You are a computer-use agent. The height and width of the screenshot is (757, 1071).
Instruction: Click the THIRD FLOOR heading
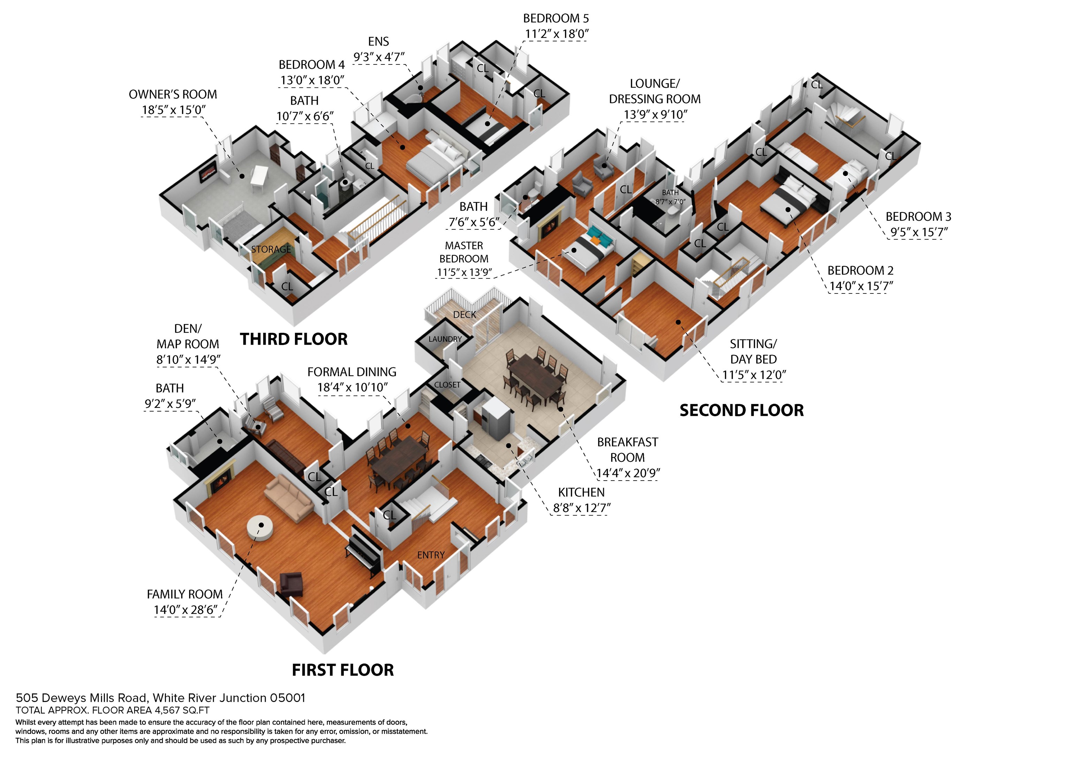click(294, 339)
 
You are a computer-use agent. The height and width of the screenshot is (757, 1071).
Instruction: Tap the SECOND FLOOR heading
click(742, 411)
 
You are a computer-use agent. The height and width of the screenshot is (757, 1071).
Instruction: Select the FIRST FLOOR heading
click(343, 670)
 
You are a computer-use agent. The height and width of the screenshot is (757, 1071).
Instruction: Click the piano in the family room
click(364, 550)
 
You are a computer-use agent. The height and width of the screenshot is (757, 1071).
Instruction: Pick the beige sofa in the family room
click(289, 498)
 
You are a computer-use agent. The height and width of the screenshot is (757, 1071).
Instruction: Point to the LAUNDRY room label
click(445, 339)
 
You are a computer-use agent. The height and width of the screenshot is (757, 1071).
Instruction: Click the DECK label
click(465, 315)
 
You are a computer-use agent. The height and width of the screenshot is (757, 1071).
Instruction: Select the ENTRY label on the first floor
click(431, 555)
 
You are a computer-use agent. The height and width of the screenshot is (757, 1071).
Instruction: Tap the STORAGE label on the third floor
click(271, 250)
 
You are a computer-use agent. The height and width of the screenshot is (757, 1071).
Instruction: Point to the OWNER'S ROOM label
click(173, 95)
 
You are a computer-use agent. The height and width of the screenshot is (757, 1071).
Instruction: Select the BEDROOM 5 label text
click(556, 19)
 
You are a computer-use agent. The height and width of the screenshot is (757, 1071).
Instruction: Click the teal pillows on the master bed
click(599, 235)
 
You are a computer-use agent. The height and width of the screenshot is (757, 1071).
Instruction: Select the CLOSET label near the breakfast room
click(447, 385)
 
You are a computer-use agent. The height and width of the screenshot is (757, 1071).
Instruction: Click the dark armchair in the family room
click(291, 584)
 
